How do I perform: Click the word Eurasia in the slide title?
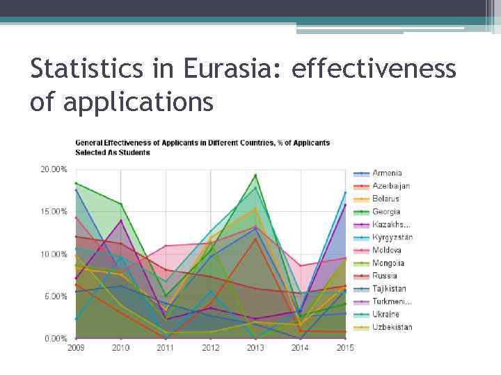coord(231,70)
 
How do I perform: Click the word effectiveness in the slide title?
coord(374,70)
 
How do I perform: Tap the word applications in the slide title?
coord(136,103)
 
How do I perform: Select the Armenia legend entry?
coord(386,173)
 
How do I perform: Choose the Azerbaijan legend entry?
coord(390,185)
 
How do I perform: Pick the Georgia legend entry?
coord(386,211)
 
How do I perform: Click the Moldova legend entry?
coord(386,250)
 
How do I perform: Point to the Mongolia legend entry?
coord(388,263)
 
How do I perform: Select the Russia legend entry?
coord(383,276)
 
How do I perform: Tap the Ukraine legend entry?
coord(385,315)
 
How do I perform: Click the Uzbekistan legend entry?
coord(392,327)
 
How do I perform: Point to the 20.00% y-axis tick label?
coord(53,169)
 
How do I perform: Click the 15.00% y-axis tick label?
coord(53,211)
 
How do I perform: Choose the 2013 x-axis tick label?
coord(255,348)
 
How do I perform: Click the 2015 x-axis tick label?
coord(345,348)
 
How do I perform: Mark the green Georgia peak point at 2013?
coord(255,175)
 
